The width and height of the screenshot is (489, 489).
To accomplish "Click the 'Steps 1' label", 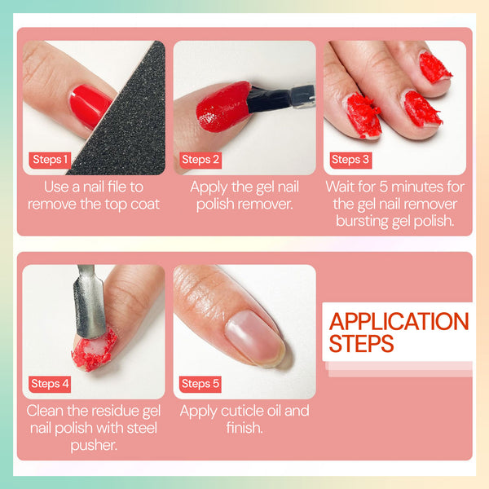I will [51, 160].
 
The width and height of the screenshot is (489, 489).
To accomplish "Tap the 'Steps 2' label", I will [200, 160].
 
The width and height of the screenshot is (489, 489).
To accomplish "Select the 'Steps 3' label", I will [350, 160].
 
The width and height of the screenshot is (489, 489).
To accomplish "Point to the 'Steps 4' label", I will [51, 383].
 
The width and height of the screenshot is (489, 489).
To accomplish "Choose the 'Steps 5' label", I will [200, 383].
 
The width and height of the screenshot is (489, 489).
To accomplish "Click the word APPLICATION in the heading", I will [399, 321].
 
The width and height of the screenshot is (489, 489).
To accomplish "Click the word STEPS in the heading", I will [362, 344].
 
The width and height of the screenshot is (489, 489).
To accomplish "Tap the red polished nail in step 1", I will [90, 104].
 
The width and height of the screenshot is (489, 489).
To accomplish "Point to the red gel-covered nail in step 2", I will [222, 107].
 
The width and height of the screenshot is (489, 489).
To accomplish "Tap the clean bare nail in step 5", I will [254, 334].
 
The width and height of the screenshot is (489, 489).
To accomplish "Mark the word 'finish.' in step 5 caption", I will [244, 427].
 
